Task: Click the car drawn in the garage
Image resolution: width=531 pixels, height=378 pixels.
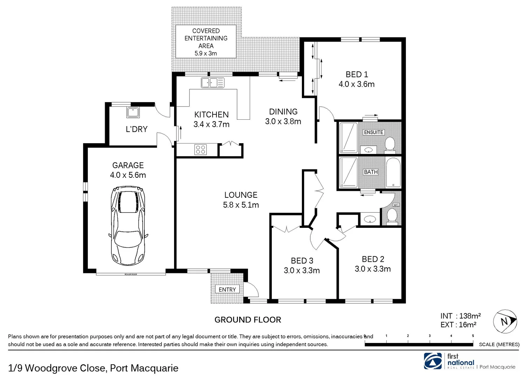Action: [x=128, y=226]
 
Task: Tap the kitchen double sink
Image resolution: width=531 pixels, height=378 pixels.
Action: [x=213, y=83]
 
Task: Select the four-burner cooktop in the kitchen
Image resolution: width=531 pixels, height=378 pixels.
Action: [x=201, y=150]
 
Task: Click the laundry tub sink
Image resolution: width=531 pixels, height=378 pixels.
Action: [x=133, y=112]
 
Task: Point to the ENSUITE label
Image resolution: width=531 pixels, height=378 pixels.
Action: [x=374, y=132]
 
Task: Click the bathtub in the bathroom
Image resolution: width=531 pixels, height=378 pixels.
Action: [x=393, y=173]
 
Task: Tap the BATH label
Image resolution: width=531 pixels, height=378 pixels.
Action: [x=371, y=172]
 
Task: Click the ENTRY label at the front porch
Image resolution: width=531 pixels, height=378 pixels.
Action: [x=227, y=289]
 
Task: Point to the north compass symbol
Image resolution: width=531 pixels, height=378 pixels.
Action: [x=505, y=321]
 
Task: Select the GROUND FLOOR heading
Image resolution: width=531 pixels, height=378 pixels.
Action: [x=248, y=320]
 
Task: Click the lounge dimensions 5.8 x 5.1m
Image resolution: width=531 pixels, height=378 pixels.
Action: [x=241, y=205]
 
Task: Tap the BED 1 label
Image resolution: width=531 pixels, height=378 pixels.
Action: [x=357, y=75]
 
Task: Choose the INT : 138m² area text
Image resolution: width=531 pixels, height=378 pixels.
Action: [x=460, y=316]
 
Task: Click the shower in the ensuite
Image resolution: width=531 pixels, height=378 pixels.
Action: [x=349, y=138]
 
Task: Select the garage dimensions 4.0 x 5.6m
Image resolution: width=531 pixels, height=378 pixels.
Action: [x=128, y=175]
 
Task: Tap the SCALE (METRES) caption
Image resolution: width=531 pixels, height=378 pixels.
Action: [x=499, y=344]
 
